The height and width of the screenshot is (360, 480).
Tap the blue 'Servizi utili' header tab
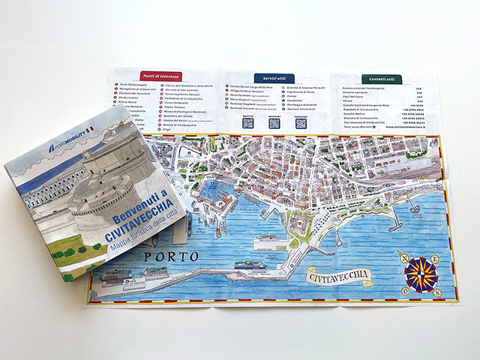pos(274,78)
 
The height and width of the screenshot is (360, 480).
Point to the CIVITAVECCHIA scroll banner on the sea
pos(340,276)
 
